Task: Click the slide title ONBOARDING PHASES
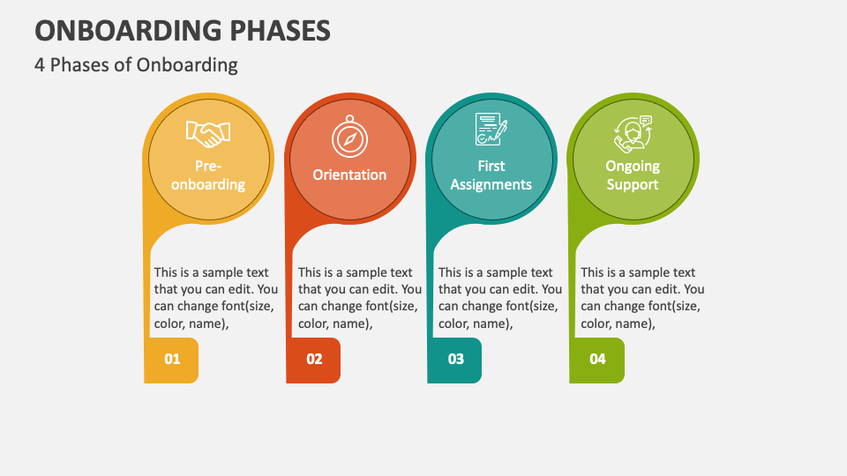tap(183, 30)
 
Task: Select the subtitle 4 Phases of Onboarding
tap(136, 64)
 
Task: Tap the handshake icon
tap(208, 134)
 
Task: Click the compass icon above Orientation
tap(349, 138)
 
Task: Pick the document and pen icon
tap(491, 130)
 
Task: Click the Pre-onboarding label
tap(208, 175)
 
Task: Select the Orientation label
tap(349, 175)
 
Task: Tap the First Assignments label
tap(491, 175)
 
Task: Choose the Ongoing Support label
tap(633, 175)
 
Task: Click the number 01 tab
tap(172, 360)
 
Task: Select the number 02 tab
tap(314, 360)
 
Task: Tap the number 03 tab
tap(456, 360)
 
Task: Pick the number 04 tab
tap(598, 360)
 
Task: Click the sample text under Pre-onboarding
tap(215, 298)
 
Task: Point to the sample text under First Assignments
tap(499, 298)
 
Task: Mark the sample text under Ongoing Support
tap(642, 298)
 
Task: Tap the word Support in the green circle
tap(633, 185)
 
